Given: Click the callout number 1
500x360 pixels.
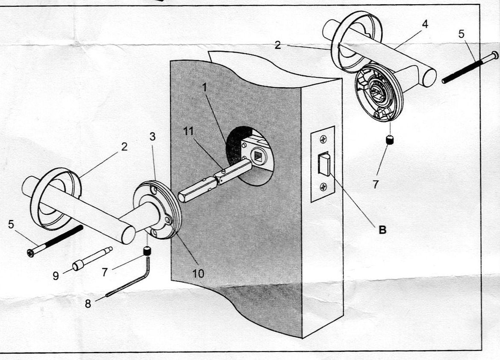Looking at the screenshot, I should point(204,88).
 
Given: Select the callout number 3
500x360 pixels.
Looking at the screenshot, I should point(153,137).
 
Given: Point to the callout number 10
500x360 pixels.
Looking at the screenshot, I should point(198,273).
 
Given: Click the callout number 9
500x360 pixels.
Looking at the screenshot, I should point(56,276).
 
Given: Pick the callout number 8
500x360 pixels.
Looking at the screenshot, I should point(88,304).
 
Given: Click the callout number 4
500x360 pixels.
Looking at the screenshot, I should point(424,24).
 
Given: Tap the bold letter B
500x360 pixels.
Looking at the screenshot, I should point(382,229).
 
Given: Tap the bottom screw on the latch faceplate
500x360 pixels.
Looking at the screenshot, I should point(324,186).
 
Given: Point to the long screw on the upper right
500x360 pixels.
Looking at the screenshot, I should point(468,67).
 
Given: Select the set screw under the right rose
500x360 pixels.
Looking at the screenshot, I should point(389,140).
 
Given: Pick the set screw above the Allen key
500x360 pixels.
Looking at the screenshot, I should point(147,252).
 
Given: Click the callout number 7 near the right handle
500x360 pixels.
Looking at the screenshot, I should point(376,184).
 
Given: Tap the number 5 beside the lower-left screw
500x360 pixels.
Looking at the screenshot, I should point(11,224).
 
